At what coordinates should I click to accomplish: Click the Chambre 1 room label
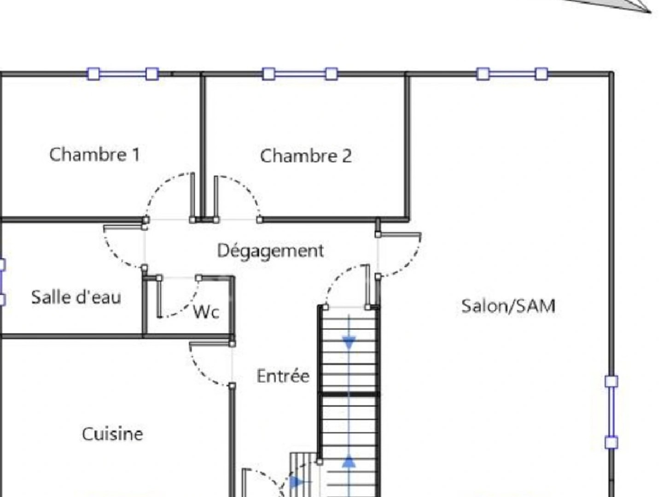[x=94, y=155]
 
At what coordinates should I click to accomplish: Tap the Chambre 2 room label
[x=306, y=156]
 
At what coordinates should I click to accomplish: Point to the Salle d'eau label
[x=76, y=297]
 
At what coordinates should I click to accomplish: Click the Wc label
[x=206, y=312]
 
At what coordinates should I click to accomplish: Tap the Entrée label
[x=283, y=376]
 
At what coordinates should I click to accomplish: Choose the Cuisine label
[x=112, y=434]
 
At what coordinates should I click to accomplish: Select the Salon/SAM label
[x=508, y=306]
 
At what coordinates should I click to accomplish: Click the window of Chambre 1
[x=122, y=74]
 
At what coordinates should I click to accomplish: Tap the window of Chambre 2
[x=300, y=74]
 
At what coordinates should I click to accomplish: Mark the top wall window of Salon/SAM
[x=512, y=74]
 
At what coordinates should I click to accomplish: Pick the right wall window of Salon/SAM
[x=611, y=412]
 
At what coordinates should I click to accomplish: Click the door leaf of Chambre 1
[x=192, y=196]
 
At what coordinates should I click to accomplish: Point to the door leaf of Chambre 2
[x=216, y=198]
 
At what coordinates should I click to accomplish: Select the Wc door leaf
[x=159, y=297]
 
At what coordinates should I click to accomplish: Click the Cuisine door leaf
[x=211, y=343]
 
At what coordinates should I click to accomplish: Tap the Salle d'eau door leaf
[x=124, y=227]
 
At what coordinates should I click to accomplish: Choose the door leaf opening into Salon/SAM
[x=399, y=234]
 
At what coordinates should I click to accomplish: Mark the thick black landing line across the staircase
[x=349, y=394]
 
